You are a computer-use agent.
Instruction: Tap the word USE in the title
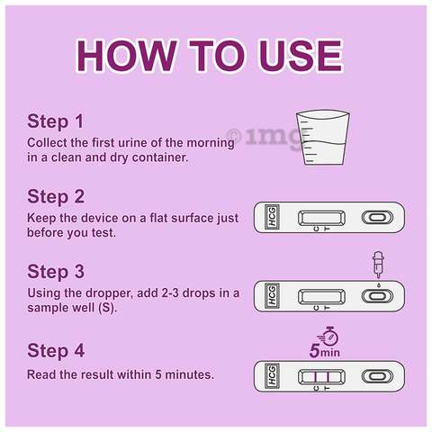(301, 56)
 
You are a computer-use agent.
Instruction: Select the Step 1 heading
(56, 121)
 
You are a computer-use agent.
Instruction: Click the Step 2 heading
(56, 196)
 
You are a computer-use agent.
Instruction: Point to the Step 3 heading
(56, 272)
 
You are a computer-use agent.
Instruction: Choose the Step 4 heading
(56, 350)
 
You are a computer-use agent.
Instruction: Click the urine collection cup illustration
(323, 138)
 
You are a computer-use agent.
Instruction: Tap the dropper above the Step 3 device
(378, 265)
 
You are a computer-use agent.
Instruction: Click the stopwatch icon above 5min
(328, 336)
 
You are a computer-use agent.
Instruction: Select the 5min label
(325, 351)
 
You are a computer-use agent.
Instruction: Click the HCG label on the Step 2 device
(272, 217)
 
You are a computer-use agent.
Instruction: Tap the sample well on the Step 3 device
(377, 296)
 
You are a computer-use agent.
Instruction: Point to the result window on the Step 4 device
(321, 376)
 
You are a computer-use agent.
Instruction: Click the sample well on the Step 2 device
(377, 217)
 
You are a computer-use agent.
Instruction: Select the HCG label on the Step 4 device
(272, 375)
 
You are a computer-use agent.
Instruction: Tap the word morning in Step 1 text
(211, 143)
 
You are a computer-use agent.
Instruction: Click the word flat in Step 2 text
(158, 218)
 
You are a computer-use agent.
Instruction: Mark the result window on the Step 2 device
(321, 218)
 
